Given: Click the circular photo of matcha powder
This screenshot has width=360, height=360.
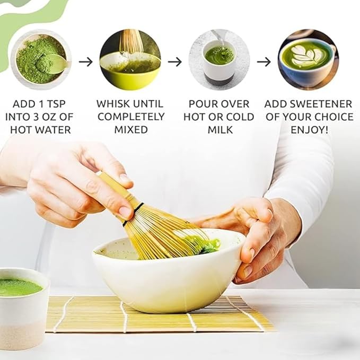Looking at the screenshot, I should pyautogui.click(x=41, y=59).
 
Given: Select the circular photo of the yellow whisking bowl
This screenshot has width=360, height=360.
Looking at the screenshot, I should pyautogui.click(x=130, y=59).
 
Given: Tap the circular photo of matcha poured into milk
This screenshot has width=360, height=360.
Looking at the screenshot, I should pyautogui.click(x=219, y=59).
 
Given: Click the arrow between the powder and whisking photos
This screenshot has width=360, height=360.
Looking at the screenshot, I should pyautogui.click(x=85, y=62).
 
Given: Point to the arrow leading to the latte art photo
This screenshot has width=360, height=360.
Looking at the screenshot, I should pyautogui.click(x=264, y=62).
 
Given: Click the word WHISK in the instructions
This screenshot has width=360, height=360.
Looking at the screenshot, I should pyautogui.click(x=113, y=103).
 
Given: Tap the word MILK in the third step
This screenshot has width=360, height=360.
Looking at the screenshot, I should pyautogui.click(x=220, y=129).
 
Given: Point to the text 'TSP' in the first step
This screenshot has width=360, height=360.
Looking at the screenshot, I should pyautogui.click(x=58, y=103).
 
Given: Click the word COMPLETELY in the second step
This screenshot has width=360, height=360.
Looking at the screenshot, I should pyautogui.click(x=131, y=117).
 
